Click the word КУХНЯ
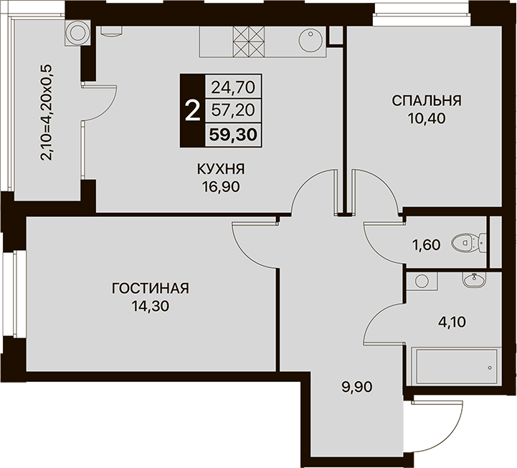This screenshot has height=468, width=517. tap(221, 169)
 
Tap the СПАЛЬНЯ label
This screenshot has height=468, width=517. tap(427, 100)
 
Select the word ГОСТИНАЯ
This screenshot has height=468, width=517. tap(151, 288)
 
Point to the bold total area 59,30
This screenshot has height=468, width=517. tap(234, 135)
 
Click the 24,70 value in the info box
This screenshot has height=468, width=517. tap(234, 87)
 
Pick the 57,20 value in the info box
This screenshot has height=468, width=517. tap(234, 110)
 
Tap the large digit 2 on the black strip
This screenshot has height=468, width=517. tap(193, 111)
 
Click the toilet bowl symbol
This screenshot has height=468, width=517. tap(469, 244)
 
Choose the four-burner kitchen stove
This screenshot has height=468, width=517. tap(249, 42)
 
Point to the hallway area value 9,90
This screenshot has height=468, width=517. tap(357, 386)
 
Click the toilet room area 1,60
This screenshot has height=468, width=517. tap(427, 245)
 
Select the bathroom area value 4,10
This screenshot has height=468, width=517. tap(452, 322)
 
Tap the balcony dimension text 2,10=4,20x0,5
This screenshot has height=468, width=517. tap(46, 113)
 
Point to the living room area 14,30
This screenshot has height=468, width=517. tap(151, 307)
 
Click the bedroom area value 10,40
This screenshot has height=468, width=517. tap(427, 118)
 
